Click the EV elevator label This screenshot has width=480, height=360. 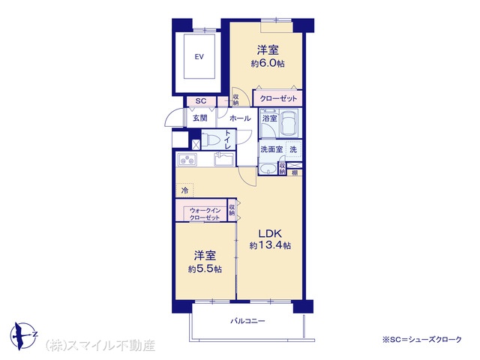[x=199, y=57]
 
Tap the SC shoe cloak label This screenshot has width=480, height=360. [x=201, y=101]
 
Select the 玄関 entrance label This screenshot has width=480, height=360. [x=200, y=118]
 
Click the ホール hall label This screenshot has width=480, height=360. [x=240, y=118]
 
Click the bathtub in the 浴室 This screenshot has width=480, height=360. [x=289, y=123]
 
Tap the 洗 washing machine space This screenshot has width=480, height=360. [x=293, y=150]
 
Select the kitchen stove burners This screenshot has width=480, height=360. [x=187, y=160]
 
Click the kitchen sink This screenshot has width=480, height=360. [x=223, y=159]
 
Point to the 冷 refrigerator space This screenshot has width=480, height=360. [x=184, y=190]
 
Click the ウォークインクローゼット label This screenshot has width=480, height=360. [x=205, y=214]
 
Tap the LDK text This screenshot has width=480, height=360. [x=270, y=234]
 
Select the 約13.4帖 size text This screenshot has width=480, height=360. [x=270, y=245]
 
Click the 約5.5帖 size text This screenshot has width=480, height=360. [x=205, y=269]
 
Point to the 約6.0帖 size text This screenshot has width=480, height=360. [x=268, y=64]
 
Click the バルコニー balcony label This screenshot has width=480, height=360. [x=247, y=321]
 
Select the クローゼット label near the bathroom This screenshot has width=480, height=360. [x=278, y=98]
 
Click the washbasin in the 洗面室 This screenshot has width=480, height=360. [x=268, y=169]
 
